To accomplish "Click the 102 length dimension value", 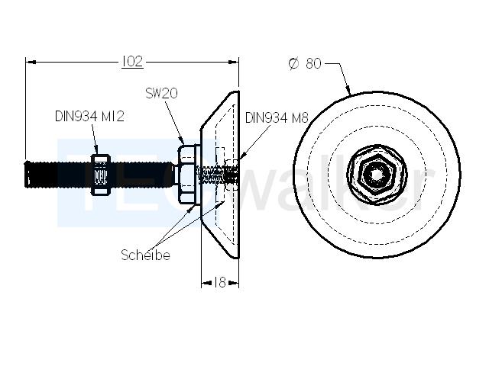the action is coord(132,61).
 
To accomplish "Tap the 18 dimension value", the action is coord(220,283).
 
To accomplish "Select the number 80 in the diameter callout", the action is coord(313,63).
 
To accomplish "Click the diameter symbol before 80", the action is coord(293,63).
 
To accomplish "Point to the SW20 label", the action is coord(161,93).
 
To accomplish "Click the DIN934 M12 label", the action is coord(89,117).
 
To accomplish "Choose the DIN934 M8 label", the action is coord(277,118).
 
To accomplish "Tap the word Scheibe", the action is coord(145,255).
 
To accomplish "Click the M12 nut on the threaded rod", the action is coord(100,175).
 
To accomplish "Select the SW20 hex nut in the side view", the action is coord(187,175).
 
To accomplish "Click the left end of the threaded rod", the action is coord(25,175).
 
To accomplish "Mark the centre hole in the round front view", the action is coord(377,175).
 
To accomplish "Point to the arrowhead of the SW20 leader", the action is coord(182,141).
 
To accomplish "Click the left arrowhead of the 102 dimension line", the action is coord(31,63).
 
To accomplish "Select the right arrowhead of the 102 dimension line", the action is coord(234,63).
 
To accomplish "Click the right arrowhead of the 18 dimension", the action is coord(234,283).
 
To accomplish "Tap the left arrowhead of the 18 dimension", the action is coord(206,283).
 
